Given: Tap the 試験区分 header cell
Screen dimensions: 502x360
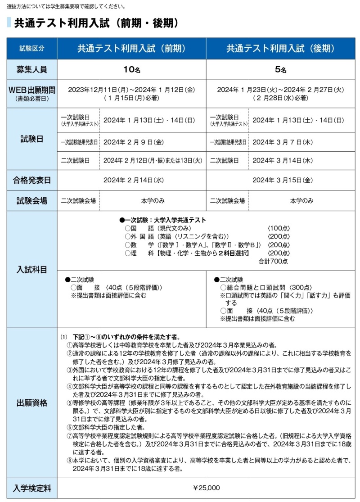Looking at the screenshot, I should pyautogui.click(x=32, y=49).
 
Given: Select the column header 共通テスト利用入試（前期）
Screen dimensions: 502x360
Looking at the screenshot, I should pyautogui.click(x=131, y=49).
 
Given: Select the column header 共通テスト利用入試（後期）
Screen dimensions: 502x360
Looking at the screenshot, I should pyautogui.click(x=280, y=49).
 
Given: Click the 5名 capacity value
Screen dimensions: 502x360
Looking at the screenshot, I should pyautogui.click(x=280, y=70).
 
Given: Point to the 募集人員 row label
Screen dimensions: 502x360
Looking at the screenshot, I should pyautogui.click(x=32, y=70).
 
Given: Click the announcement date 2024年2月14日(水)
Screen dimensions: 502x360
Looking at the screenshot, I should pyautogui.click(x=131, y=180).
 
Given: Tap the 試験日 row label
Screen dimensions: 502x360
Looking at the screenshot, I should pyautogui.click(x=32, y=139).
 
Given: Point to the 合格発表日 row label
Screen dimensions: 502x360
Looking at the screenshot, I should pyautogui.click(x=32, y=180).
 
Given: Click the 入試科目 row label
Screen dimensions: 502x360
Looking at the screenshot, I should pyautogui.click(x=32, y=269).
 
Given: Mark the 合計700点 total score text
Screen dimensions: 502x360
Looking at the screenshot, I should pyautogui.click(x=274, y=261).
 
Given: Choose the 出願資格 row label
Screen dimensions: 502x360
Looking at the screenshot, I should pyautogui.click(x=32, y=403).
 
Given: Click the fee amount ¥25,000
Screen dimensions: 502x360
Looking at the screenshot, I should pyautogui.click(x=207, y=488).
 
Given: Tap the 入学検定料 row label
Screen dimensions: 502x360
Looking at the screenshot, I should pyautogui.click(x=32, y=488).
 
